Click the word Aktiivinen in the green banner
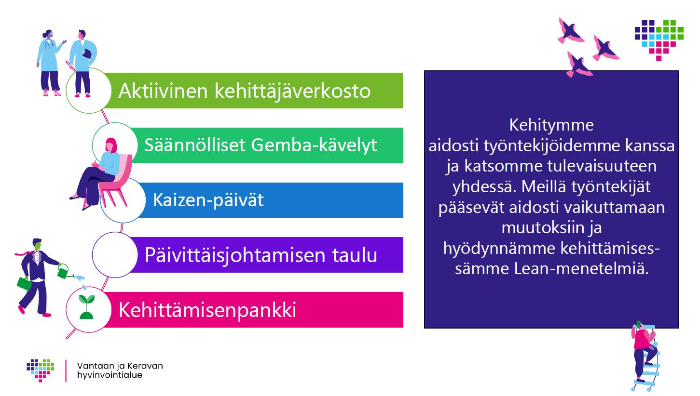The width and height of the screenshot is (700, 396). point(163,91)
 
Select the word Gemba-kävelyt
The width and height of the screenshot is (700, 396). point(314,145)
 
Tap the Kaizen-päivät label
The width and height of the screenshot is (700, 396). point(208,200)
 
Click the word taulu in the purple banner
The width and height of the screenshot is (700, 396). point(355,255)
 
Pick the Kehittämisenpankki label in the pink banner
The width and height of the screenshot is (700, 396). point(207,310)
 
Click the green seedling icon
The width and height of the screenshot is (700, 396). point(86,307)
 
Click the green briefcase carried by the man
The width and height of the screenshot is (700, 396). point(24,283)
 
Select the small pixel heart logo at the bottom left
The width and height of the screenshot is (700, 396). point(41,370)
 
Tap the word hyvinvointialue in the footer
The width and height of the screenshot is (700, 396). point(110,375)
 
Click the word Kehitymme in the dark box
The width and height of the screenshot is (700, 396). point(551,125)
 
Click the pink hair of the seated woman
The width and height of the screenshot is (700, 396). point(111,145)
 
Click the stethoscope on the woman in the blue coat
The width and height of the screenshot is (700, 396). point(48,44)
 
